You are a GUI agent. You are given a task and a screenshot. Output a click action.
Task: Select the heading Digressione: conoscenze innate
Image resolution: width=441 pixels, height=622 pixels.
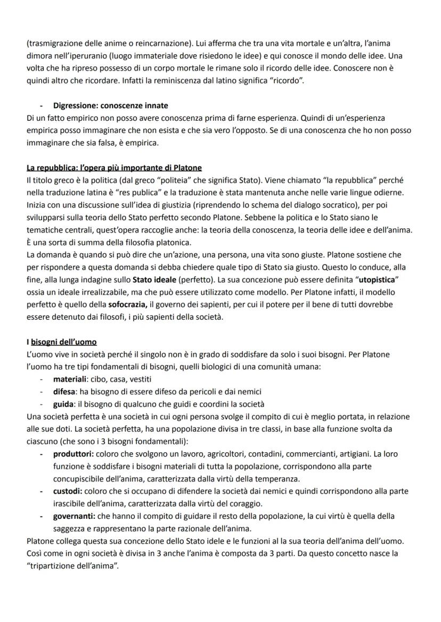[110, 106]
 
